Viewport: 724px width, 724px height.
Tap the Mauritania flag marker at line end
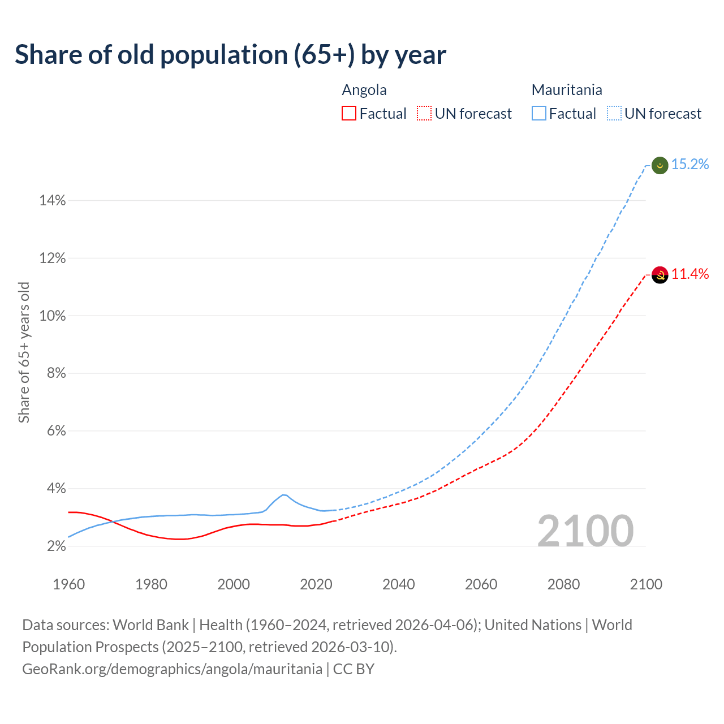click(x=660, y=165)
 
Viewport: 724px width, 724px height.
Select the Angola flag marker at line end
click(x=660, y=275)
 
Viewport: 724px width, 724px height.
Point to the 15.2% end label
click(x=690, y=165)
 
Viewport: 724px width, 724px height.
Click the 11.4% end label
click(x=690, y=274)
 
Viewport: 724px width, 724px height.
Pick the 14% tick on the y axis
click(x=52, y=201)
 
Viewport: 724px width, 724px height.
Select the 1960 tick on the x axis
click(x=68, y=584)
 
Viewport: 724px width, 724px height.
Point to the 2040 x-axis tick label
click(x=398, y=584)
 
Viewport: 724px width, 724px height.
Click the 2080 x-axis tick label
click(x=563, y=584)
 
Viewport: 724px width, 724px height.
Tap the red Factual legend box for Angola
click(x=349, y=114)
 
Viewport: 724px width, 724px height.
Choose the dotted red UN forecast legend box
click(x=424, y=114)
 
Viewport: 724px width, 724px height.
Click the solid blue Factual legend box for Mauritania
click(x=539, y=114)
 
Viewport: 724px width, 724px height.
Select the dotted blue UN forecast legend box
click(x=614, y=114)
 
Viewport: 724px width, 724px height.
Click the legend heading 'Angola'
click(x=364, y=90)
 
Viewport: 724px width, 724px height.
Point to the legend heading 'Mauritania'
click(x=567, y=90)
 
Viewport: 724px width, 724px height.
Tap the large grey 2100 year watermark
click(x=585, y=531)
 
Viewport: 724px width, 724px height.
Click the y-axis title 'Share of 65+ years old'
click(x=24, y=352)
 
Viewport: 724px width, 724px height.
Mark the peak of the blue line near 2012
click(x=283, y=495)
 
